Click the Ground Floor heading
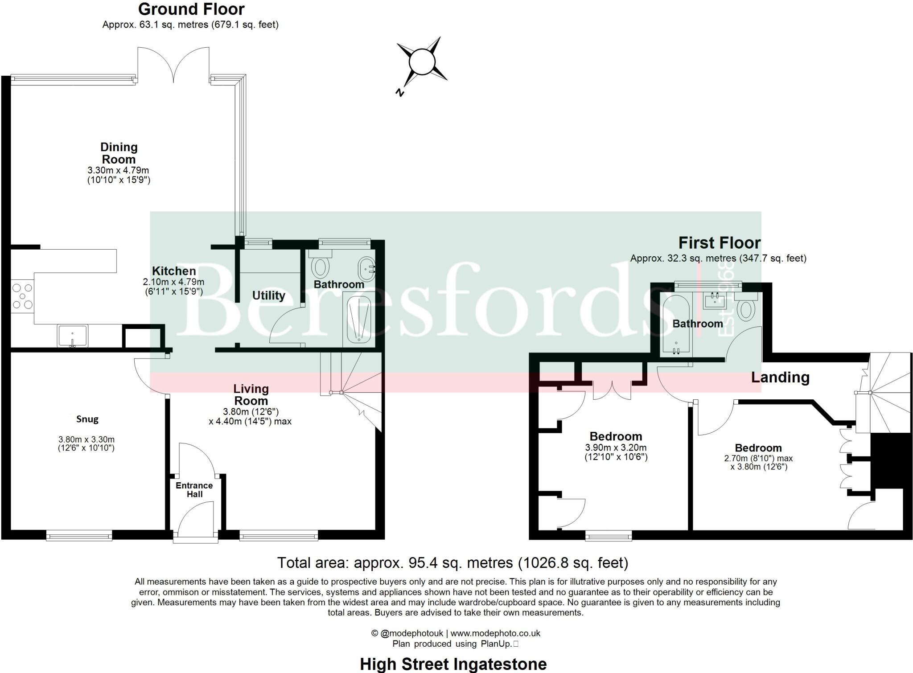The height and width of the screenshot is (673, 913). [191, 9]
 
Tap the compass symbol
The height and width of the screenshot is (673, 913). [422, 62]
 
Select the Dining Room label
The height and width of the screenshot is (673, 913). [119, 153]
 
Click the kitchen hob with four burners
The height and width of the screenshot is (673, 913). [22, 296]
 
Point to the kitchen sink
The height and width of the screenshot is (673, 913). [73, 336]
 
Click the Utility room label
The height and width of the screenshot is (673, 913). [268, 295]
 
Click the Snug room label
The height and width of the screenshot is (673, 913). [87, 419]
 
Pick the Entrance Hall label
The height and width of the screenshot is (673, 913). [194, 489]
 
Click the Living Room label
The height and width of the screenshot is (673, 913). [251, 394]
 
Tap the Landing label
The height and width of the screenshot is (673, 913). [780, 378]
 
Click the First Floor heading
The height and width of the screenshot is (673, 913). [719, 243]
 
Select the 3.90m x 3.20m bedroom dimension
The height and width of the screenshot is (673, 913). [616, 447]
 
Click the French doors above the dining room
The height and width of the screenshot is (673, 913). [173, 66]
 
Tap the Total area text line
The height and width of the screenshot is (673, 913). [452, 563]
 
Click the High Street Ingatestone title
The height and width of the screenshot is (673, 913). [453, 664]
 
